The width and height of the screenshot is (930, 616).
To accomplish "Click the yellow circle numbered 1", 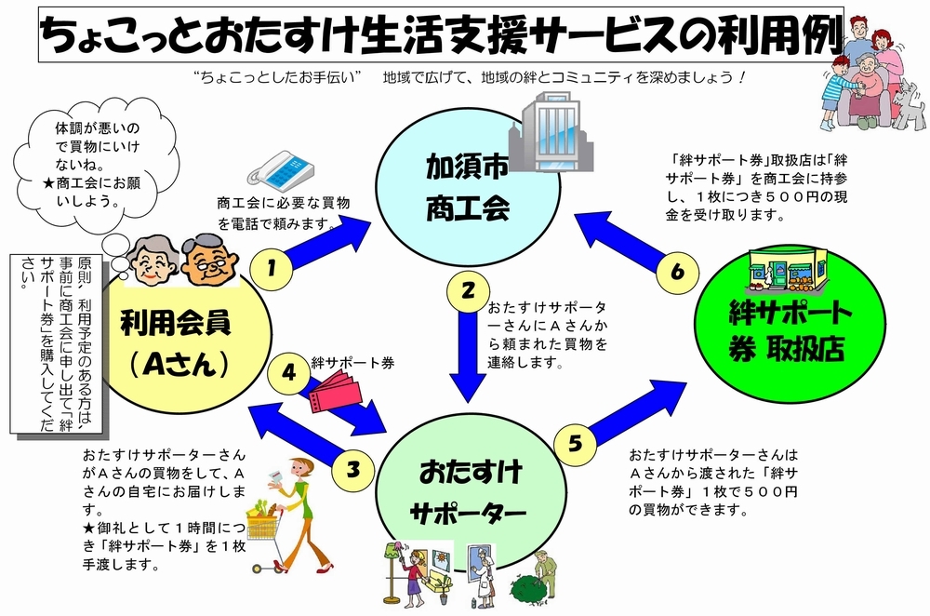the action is (x=271, y=268).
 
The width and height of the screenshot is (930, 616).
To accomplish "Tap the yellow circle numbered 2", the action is (x=468, y=291).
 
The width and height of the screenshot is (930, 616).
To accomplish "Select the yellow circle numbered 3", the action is (x=353, y=469).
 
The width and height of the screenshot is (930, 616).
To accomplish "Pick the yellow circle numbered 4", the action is (x=289, y=373).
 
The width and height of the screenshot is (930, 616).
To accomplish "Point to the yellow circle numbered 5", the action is (x=575, y=444).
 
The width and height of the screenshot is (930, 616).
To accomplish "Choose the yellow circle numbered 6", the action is (x=677, y=272).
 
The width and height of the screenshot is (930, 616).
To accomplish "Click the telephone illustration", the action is (x=281, y=169).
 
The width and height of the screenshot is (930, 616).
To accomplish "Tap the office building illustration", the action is (x=551, y=132).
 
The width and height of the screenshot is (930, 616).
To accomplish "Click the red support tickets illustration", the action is (x=335, y=391).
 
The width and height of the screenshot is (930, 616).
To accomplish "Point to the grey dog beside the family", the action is (x=909, y=107).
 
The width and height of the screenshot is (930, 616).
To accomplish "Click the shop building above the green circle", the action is (x=788, y=271).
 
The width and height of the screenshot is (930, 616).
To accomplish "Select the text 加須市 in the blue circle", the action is (x=468, y=167).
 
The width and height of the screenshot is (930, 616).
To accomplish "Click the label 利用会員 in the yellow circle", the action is (x=176, y=324).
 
